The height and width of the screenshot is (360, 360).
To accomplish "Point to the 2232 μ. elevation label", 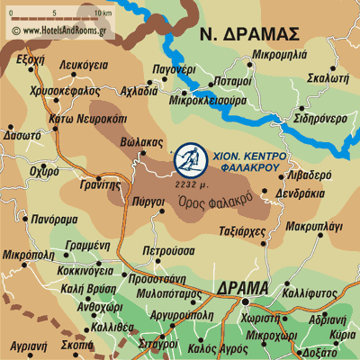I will (x=193, y=184).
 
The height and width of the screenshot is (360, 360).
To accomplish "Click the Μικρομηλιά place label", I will (x=282, y=55).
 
